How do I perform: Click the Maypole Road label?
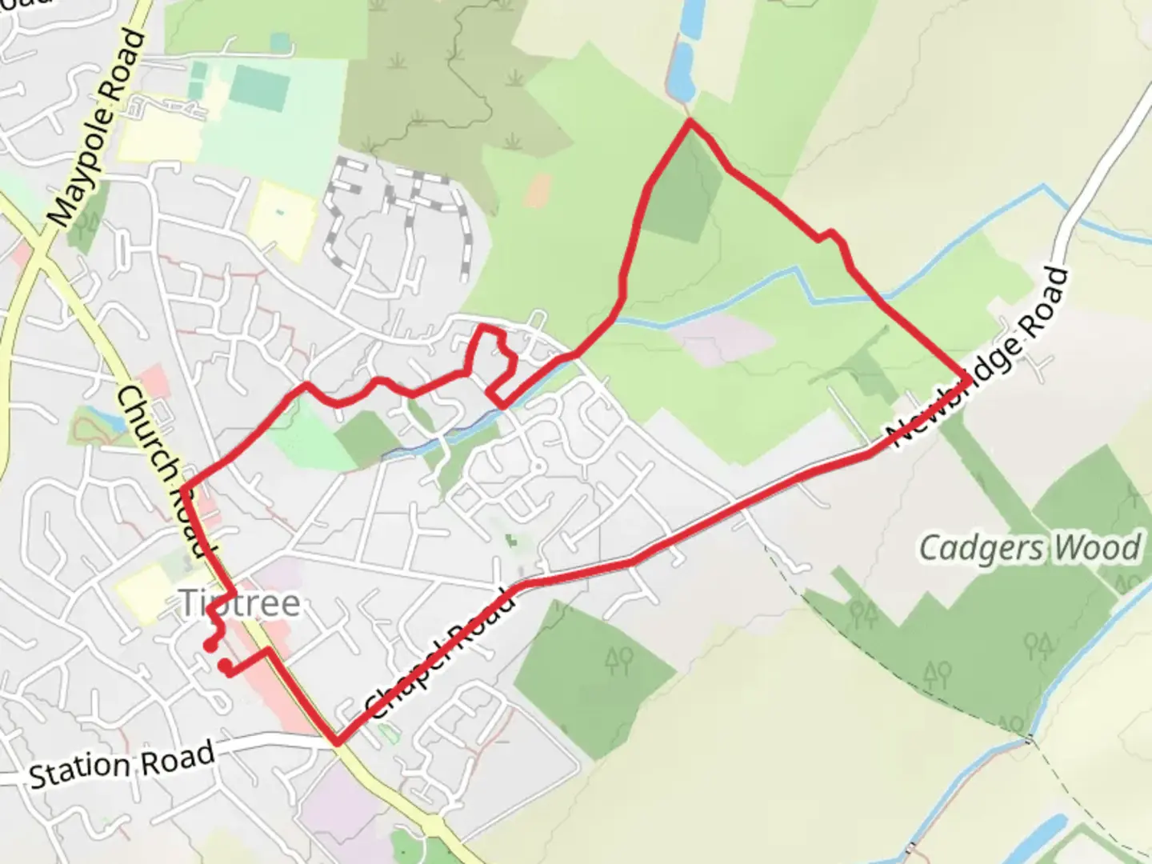[98, 128]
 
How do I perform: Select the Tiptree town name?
[240, 603]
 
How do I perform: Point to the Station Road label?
[122, 763]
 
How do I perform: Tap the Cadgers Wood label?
[1030, 549]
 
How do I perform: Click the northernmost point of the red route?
[689, 121]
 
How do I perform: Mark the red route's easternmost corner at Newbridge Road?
[968, 379]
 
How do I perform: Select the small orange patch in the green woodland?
[539, 190]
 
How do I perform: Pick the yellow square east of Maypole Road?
[282, 219]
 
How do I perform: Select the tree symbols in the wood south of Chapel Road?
[619, 659]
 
